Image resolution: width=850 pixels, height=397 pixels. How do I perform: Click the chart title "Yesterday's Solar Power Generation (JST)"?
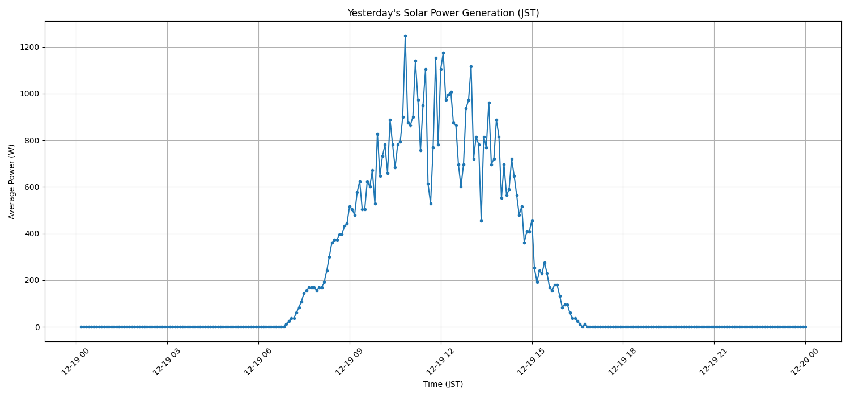pos(443,13)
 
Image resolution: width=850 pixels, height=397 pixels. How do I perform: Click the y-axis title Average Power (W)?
pos(12,181)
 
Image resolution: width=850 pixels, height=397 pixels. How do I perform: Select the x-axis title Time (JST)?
pos(443,384)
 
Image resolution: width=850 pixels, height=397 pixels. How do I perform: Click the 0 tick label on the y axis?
pos(35,327)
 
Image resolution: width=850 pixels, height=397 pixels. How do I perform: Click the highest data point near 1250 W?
pos(405,36)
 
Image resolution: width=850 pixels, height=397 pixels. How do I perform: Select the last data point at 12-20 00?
pos(805,327)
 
